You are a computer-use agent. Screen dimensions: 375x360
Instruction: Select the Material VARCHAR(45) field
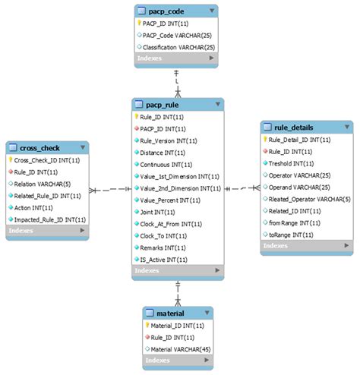pos(179,348)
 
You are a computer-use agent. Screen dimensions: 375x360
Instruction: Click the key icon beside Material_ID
pos(148,325)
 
